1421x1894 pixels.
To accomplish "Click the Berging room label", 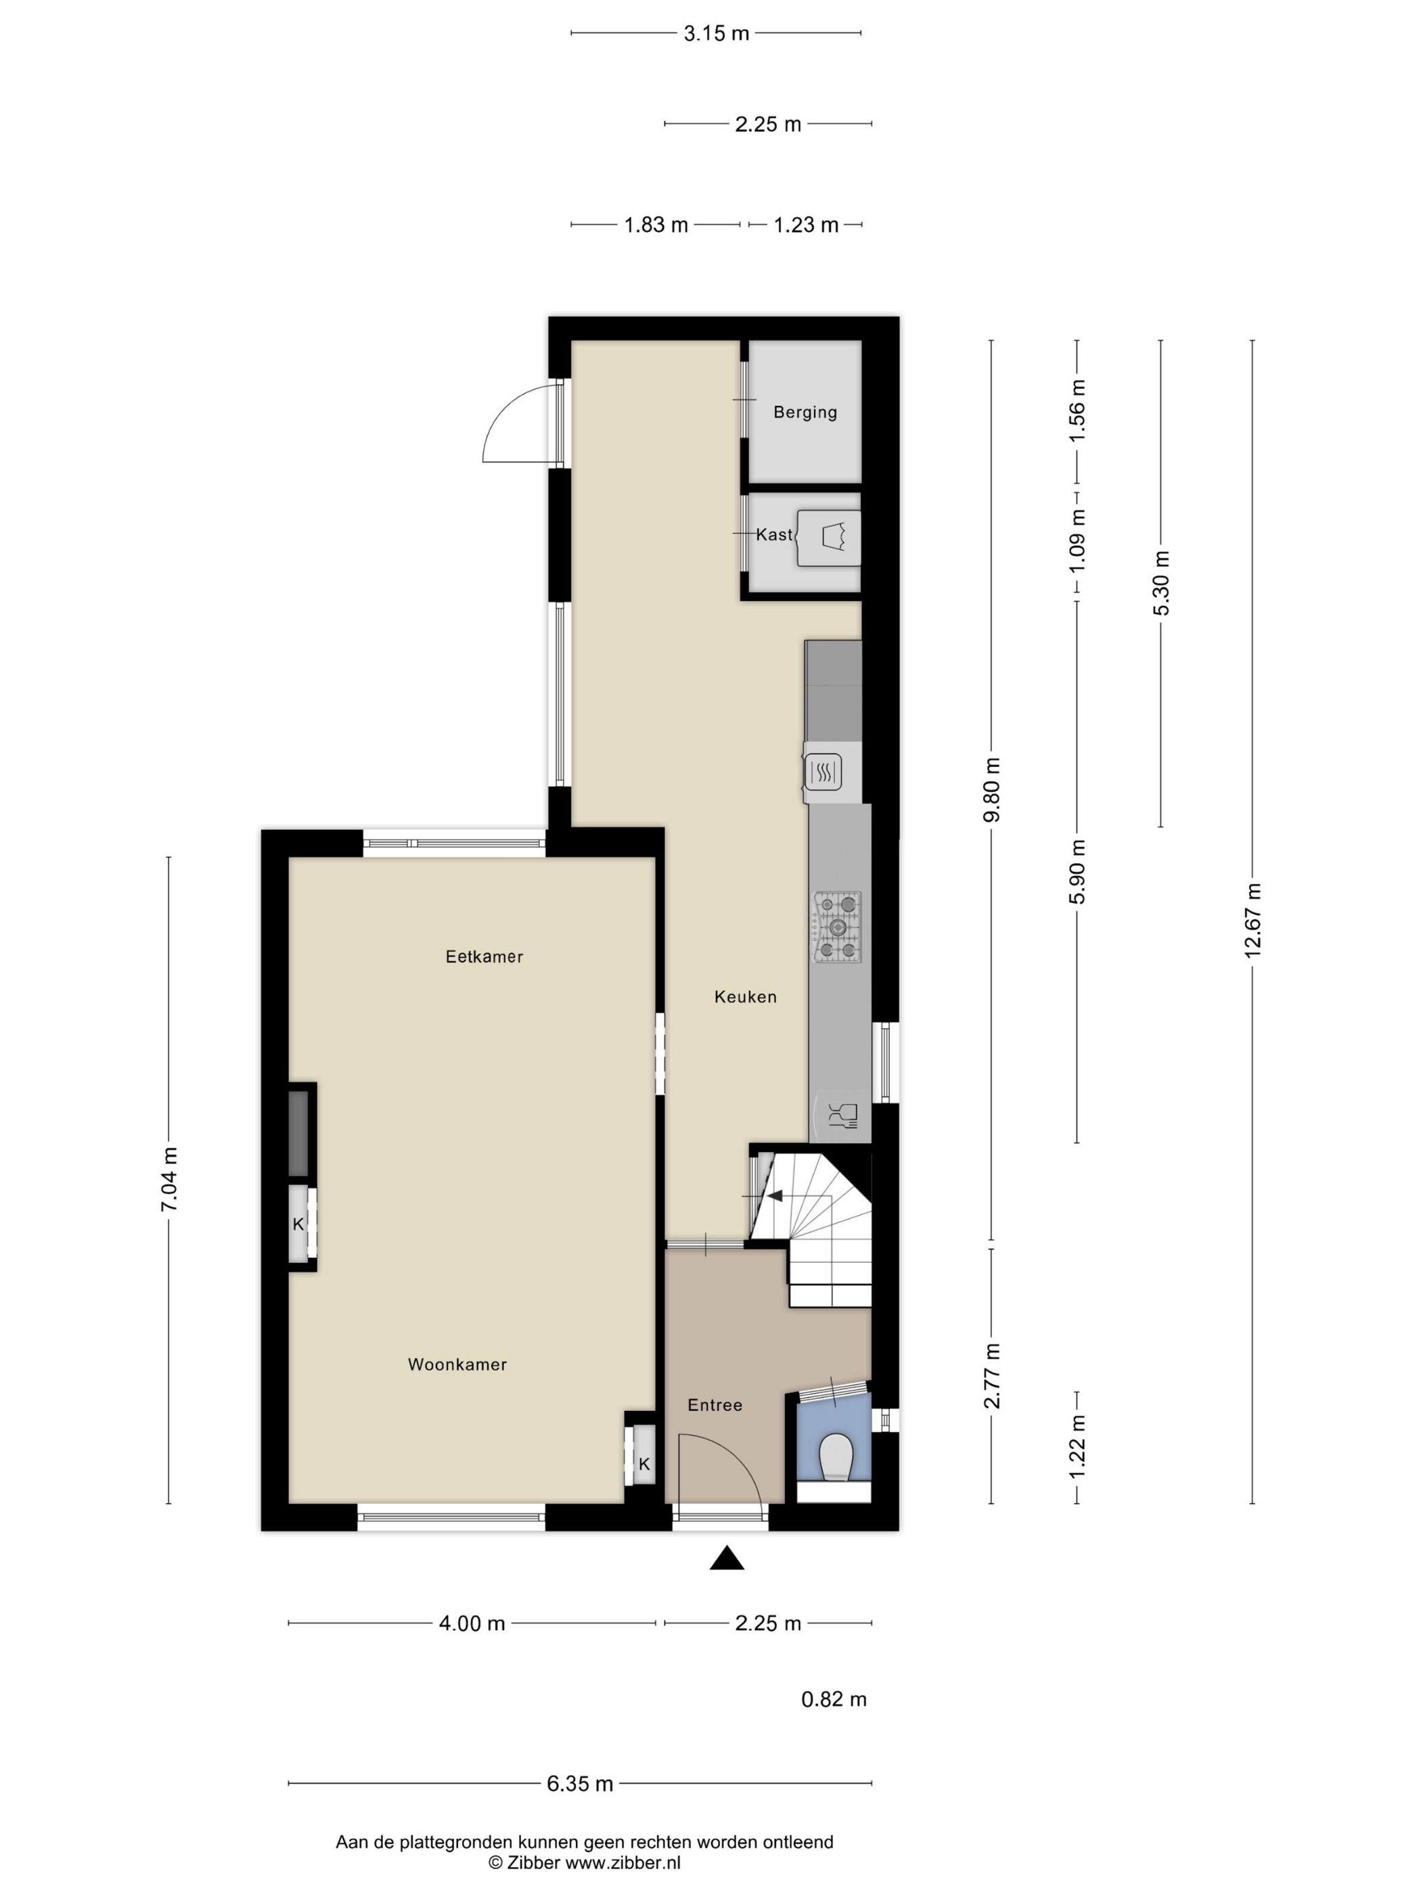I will point(805,412).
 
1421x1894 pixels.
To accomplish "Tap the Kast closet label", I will point(773,534).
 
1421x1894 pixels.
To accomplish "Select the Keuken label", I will point(745,996).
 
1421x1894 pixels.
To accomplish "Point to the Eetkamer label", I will point(484,956).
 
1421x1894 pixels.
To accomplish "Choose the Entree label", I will point(715,1405).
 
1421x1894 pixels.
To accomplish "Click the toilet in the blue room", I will point(835,1456).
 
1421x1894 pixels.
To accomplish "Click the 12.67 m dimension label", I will point(1253,919).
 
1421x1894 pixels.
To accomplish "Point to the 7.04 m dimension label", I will point(168,1179).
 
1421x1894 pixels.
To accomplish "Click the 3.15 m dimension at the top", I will point(716,33).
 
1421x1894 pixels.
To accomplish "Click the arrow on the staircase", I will point(777,1196).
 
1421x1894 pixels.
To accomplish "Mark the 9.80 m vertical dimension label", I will point(991,789).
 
